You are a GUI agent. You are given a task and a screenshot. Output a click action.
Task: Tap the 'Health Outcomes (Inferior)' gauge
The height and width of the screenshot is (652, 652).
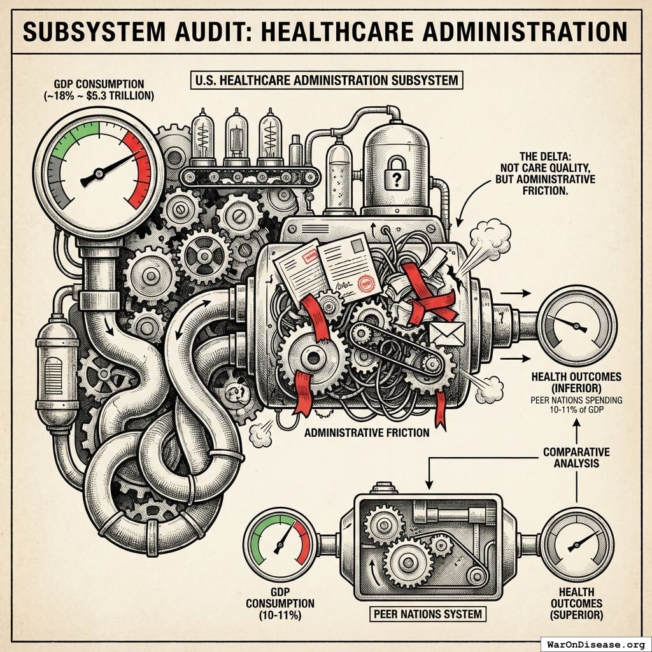(576, 325)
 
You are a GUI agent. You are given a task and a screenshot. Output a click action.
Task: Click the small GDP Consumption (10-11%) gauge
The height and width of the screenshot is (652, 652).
(281, 544)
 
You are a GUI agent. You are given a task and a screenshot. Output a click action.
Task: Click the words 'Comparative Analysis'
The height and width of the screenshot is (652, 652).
(576, 457)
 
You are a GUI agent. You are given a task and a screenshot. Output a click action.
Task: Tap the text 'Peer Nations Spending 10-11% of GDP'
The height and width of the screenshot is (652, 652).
(576, 405)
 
